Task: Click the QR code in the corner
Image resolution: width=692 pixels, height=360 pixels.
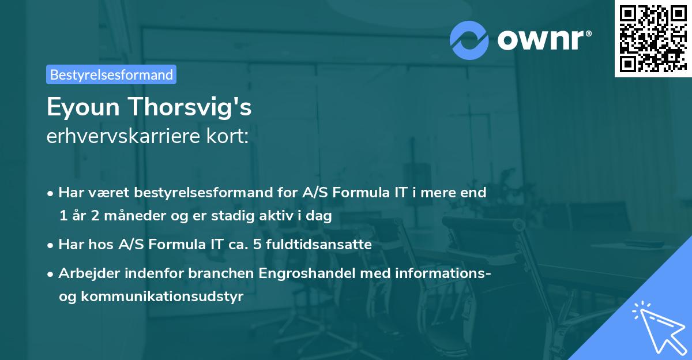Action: [652, 39]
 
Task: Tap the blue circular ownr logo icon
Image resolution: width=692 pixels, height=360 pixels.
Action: [469, 39]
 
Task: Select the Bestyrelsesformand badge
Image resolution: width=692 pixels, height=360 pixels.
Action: [111, 74]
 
